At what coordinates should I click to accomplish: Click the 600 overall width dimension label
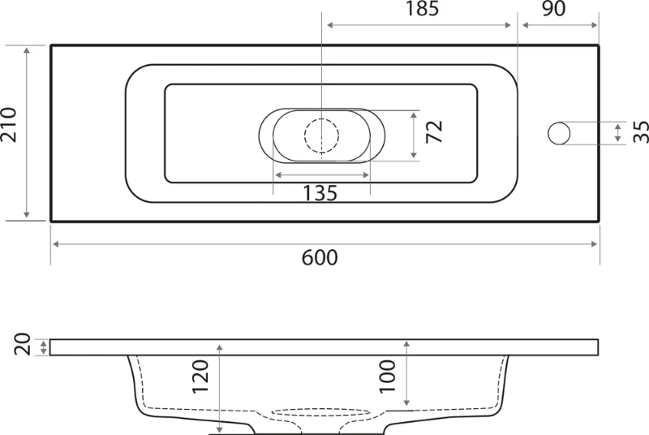pyautogui.click(x=319, y=257)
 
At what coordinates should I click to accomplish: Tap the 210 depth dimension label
pyautogui.click(x=9, y=125)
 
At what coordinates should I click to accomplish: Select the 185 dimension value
pyautogui.click(x=422, y=9)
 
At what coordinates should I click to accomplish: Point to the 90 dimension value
pyautogui.click(x=554, y=9)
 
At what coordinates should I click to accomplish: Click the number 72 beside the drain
pyautogui.click(x=434, y=131)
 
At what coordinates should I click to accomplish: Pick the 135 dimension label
pyautogui.click(x=320, y=193)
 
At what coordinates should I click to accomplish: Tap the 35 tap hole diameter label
pyautogui.click(x=641, y=132)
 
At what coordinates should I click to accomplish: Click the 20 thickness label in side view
pyautogui.click(x=23, y=344)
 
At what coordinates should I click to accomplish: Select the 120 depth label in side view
pyautogui.click(x=200, y=377)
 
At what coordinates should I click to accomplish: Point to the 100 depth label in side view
pyautogui.click(x=388, y=377)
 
